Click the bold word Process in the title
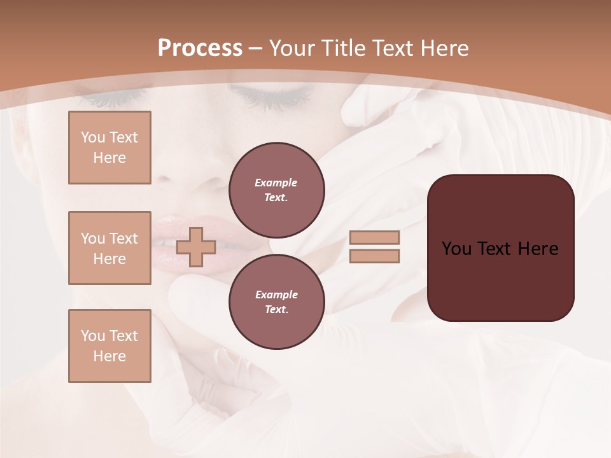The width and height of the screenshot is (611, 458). pyautogui.click(x=200, y=48)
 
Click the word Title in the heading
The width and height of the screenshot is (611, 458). pyautogui.click(x=342, y=48)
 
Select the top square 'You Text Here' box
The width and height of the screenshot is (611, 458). pyautogui.click(x=109, y=148)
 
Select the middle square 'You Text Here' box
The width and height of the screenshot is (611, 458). pyautogui.click(x=109, y=248)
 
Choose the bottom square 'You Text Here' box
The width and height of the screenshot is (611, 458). pyautogui.click(x=109, y=346)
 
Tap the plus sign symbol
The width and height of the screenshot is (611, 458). pyautogui.click(x=196, y=247)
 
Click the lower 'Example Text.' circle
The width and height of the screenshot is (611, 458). pyautogui.click(x=276, y=302)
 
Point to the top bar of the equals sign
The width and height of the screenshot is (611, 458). pyautogui.click(x=374, y=237)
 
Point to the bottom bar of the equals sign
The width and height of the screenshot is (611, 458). pyautogui.click(x=374, y=256)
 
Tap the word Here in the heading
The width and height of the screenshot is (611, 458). pyautogui.click(x=446, y=48)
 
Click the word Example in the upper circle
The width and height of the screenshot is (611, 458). pyautogui.click(x=276, y=183)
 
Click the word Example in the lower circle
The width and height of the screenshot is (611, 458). pyautogui.click(x=276, y=295)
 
